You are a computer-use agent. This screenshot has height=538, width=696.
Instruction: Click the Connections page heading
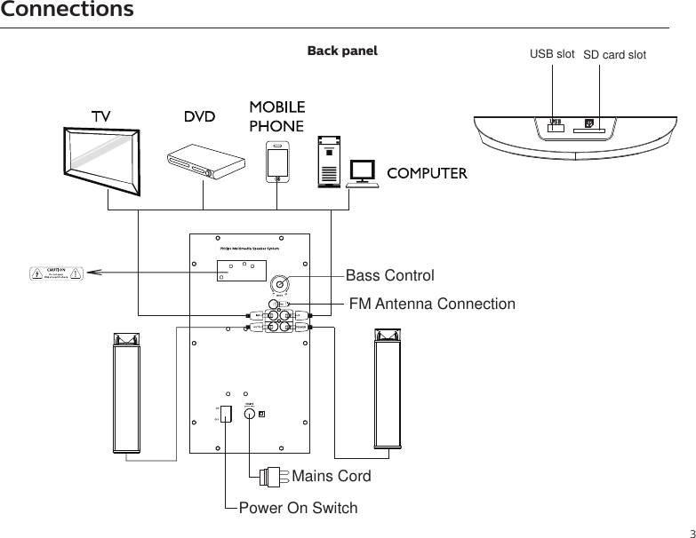[68, 11]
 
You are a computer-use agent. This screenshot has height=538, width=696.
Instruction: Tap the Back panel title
[342, 51]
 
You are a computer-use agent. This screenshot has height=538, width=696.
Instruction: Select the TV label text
[102, 117]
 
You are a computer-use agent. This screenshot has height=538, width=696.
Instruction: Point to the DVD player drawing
[206, 162]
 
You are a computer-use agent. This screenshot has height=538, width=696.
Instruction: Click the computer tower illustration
[330, 161]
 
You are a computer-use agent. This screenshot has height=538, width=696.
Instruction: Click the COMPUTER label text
[427, 172]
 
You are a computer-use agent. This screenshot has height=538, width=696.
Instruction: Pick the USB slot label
[552, 54]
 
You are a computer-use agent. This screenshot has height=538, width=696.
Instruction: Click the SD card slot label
[614, 55]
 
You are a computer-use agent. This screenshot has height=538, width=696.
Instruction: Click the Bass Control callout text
[389, 276]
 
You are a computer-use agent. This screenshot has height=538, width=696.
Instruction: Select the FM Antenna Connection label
[431, 305]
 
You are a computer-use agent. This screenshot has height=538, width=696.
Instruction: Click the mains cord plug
[272, 475]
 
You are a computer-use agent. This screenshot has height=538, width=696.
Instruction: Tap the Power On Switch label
[299, 509]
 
